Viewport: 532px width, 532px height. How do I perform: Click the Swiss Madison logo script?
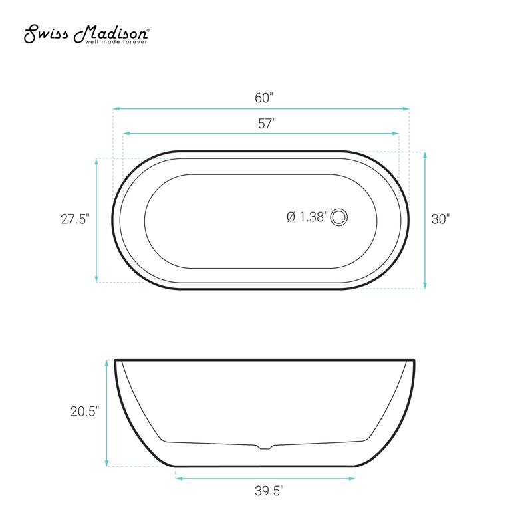pyautogui.click(x=86, y=33)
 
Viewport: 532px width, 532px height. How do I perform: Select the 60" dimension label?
pyautogui.click(x=264, y=98)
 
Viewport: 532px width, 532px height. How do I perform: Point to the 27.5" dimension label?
pyautogui.click(x=74, y=219)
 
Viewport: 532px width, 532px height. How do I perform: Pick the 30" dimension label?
pyautogui.click(x=440, y=219)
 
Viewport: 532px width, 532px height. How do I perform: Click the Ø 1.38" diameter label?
pyautogui.click(x=307, y=217)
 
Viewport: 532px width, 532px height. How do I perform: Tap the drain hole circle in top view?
pyautogui.click(x=340, y=217)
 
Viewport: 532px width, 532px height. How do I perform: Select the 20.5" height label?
pyautogui.click(x=84, y=412)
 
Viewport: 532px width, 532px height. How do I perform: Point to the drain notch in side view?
pyautogui.click(x=265, y=446)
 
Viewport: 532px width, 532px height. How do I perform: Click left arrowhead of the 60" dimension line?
pyautogui.click(x=115, y=108)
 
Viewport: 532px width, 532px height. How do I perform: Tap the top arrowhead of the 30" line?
pyautogui.click(x=424, y=154)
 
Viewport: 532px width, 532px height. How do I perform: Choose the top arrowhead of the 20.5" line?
pyautogui.click(x=106, y=363)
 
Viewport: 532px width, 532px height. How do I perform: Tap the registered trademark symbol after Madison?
pyautogui.click(x=148, y=30)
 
